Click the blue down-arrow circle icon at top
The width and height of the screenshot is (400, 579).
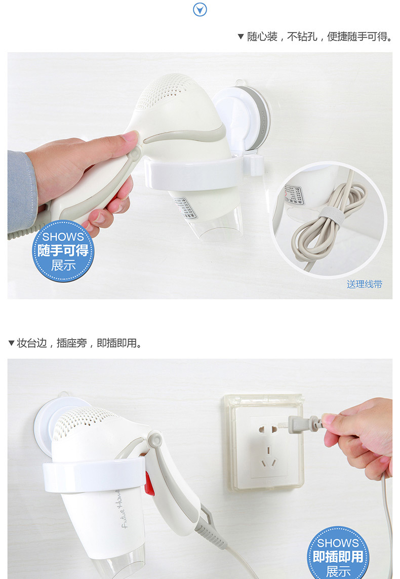coord(200,9)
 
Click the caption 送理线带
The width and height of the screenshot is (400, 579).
coord(365,284)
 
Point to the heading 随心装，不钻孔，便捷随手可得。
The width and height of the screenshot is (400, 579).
coord(314,37)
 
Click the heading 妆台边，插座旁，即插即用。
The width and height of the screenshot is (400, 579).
coord(75,343)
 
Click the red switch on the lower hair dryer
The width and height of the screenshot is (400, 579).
coord(149,483)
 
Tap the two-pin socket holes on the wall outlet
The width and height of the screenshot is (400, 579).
coord(269,428)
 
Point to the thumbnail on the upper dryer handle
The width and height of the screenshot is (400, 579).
coord(130,136)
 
